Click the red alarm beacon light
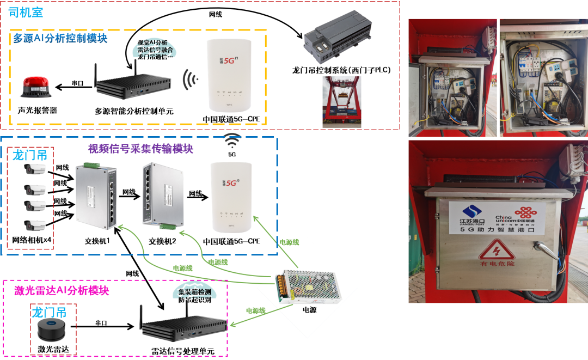coord(36,87)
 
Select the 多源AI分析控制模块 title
coord(60,39)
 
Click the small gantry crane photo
coord(342,101)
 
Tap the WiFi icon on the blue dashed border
coord(232,140)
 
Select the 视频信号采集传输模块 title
coord(140,149)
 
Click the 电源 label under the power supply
coord(310,310)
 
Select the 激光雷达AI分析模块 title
coord(62,290)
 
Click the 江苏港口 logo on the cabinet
coord(471,214)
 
